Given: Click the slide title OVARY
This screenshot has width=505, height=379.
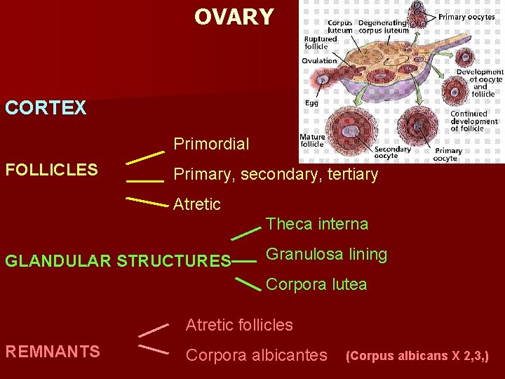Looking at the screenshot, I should [x=234, y=17].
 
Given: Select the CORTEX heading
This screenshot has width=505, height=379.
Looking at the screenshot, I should [x=46, y=108].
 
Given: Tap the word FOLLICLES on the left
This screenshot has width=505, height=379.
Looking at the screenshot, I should [x=51, y=170].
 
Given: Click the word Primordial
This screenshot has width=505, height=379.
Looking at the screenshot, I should [x=211, y=145].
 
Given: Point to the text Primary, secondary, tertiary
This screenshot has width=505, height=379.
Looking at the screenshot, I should [x=276, y=174].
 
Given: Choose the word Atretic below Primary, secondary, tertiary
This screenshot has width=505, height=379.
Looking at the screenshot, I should [x=197, y=205].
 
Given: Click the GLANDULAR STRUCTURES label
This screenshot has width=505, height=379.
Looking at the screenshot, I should [x=118, y=261].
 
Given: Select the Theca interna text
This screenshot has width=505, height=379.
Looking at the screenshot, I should [x=316, y=225].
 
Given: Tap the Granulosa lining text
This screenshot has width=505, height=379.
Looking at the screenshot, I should [x=326, y=254].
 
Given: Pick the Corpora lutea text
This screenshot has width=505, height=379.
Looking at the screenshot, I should [x=316, y=284].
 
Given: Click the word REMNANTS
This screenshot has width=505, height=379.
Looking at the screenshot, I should [x=52, y=352].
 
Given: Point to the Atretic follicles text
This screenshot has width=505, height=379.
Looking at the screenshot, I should [x=239, y=325].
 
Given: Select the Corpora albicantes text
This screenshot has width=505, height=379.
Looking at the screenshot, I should [x=256, y=355].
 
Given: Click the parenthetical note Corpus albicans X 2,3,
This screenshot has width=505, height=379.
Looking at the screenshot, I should [x=417, y=356].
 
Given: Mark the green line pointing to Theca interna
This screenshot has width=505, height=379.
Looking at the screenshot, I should [x=246, y=231].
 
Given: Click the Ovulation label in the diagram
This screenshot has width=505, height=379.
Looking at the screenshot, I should [x=319, y=61].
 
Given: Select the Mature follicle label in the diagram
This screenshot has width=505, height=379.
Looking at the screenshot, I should [x=312, y=140].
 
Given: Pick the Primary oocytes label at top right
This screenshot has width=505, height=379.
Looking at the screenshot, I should [x=466, y=17].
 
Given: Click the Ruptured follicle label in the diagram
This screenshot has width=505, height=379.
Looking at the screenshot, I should [x=320, y=42].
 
